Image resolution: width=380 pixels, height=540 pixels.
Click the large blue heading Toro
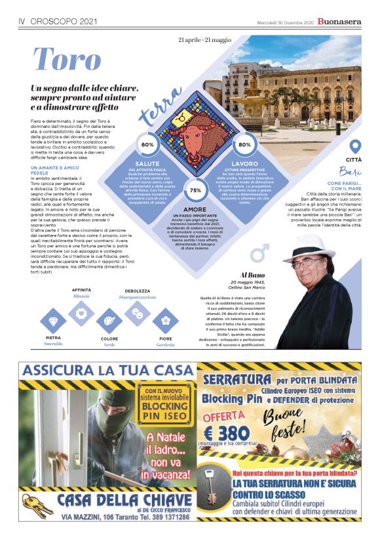[67, 60]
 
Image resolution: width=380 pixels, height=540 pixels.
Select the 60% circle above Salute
[147, 144]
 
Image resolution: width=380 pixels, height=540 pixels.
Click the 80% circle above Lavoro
[244, 144]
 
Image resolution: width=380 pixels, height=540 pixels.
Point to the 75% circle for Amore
[195, 190]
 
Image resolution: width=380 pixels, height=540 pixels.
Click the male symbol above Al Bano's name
[261, 251]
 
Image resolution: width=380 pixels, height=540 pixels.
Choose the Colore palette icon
[109, 322]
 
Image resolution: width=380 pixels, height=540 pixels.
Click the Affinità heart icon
[81, 312]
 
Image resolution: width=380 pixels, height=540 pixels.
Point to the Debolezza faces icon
[138, 312]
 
